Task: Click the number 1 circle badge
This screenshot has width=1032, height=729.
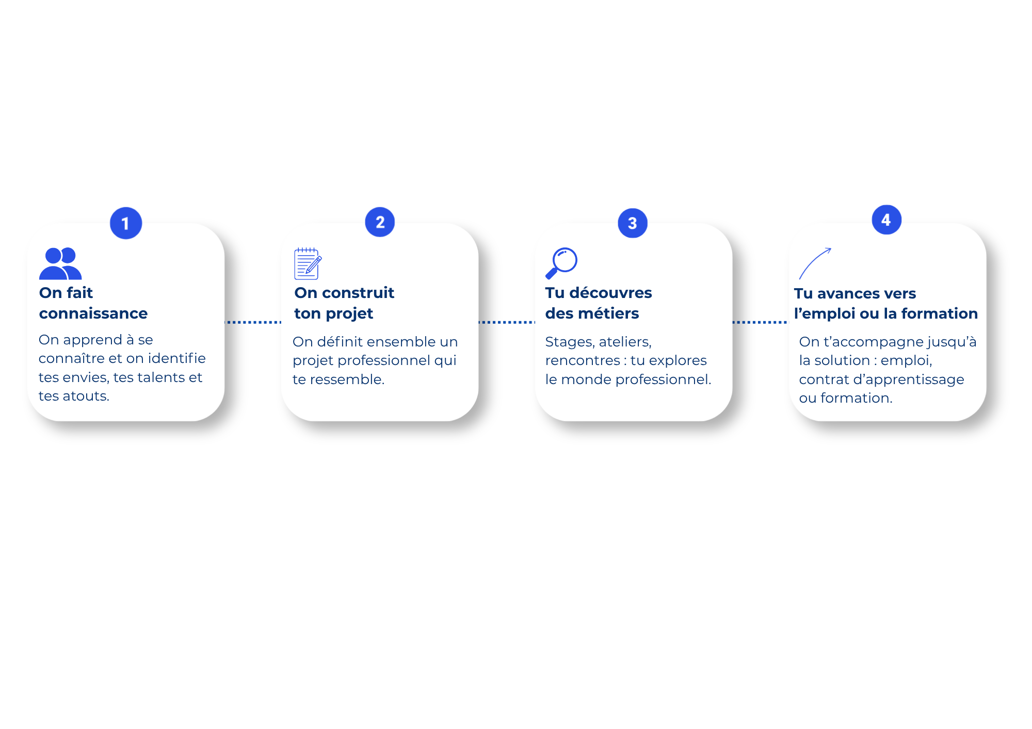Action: pos(126,223)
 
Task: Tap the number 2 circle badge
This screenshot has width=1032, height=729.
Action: pos(380,222)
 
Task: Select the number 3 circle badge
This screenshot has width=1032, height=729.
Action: pos(633,223)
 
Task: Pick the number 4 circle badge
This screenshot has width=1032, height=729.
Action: pos(886,220)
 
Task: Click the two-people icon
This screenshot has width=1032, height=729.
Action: pos(60,263)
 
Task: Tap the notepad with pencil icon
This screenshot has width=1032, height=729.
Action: pos(308,263)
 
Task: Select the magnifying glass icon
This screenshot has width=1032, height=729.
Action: pos(561,263)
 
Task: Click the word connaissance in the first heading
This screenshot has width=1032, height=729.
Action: pos(93,313)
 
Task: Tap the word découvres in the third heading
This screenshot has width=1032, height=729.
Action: pos(610,293)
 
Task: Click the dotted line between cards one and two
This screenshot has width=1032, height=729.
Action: pos(253,322)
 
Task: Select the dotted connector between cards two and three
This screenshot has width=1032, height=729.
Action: pos(507,322)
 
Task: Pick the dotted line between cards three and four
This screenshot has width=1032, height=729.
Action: pos(761,322)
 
